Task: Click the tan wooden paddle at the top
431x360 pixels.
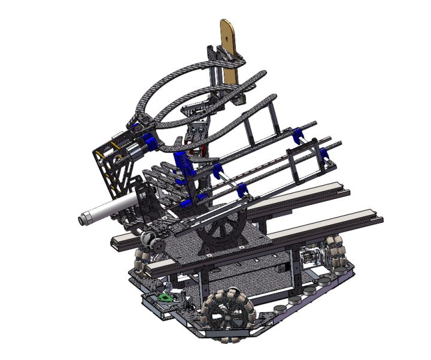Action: (x=230, y=45)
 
